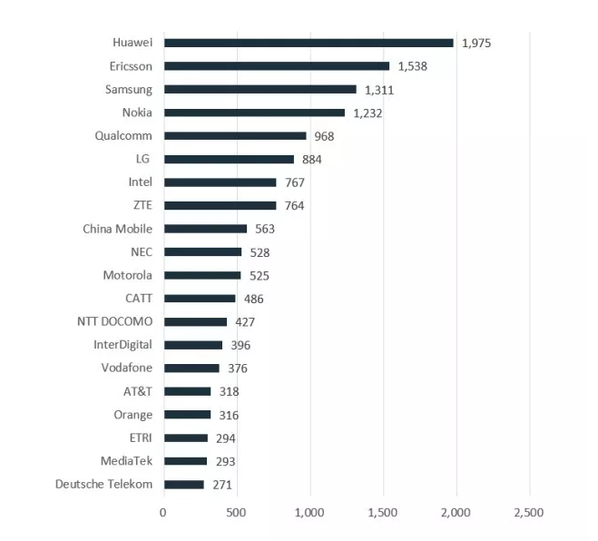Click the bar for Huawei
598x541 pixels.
[x=309, y=43]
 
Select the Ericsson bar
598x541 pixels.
[x=277, y=66]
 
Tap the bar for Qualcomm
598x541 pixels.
[x=235, y=136]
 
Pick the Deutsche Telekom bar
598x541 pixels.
[x=184, y=485]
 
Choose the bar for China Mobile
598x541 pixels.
[x=205, y=229]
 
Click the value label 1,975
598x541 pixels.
[x=476, y=43]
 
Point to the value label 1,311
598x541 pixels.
[x=379, y=90]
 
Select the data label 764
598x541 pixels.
[x=294, y=206]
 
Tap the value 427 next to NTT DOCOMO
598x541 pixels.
[x=245, y=322]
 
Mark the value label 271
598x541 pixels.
[x=222, y=485]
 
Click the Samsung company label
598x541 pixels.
[x=129, y=89]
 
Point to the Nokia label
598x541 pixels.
[x=137, y=113]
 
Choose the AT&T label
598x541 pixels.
[x=138, y=391]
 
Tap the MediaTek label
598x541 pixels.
[x=128, y=460]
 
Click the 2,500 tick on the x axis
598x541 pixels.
[x=528, y=513]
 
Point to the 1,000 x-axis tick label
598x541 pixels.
[x=309, y=513]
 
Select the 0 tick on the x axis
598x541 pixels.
[x=163, y=513]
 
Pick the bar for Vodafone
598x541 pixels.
[x=191, y=369]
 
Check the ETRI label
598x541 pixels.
[x=141, y=438]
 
